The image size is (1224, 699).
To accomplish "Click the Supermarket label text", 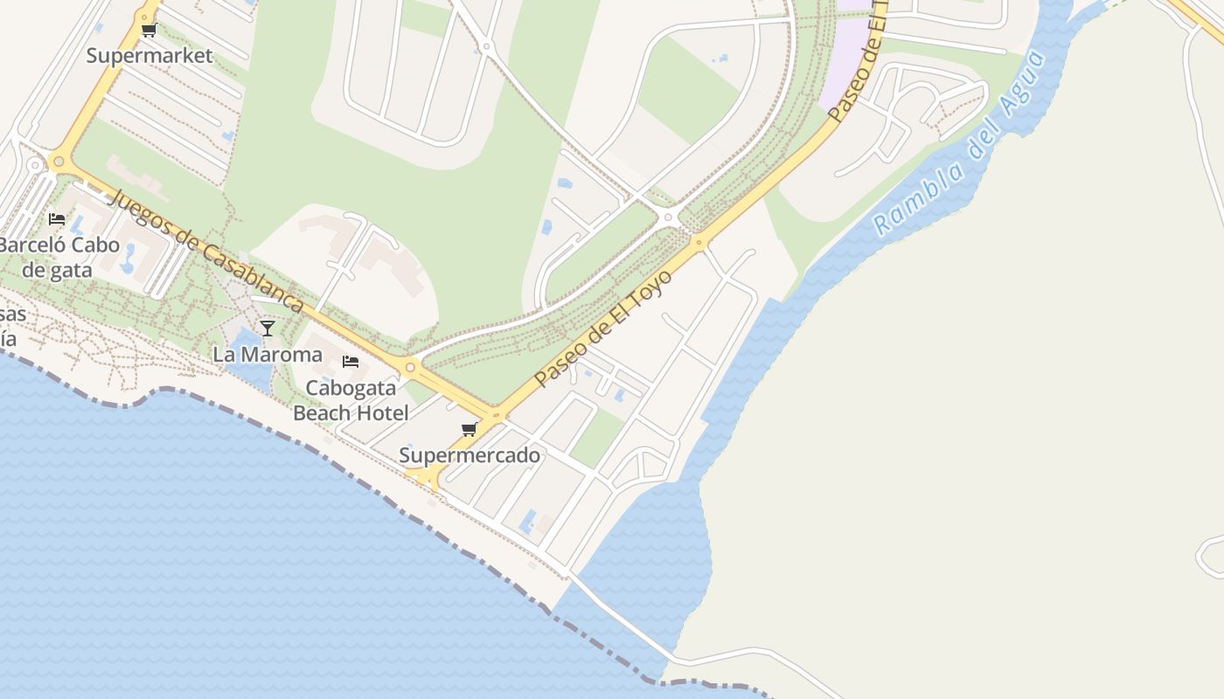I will pyautogui.click(x=150, y=56).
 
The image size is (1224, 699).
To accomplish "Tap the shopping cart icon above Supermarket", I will pyautogui.click(x=149, y=31).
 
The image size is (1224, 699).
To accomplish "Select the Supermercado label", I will pyautogui.click(x=469, y=455).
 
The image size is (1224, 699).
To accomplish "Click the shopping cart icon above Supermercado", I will pyautogui.click(x=469, y=430).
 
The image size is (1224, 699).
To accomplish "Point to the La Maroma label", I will pyautogui.click(x=268, y=355).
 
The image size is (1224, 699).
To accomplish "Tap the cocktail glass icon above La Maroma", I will pyautogui.click(x=268, y=329).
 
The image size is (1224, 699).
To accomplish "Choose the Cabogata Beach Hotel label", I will pyautogui.click(x=351, y=400).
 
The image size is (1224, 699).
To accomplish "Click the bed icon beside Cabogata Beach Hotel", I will pyautogui.click(x=351, y=362).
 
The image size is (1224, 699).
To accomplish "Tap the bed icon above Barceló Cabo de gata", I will pyautogui.click(x=57, y=219).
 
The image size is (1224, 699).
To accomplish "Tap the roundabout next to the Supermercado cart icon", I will pyautogui.click(x=497, y=416).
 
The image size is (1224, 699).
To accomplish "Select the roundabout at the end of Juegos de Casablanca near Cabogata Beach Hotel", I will pyautogui.click(x=409, y=367).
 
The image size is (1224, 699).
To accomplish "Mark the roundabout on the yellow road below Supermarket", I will pyautogui.click(x=59, y=161).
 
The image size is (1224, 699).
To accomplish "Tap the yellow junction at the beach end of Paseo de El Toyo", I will pyautogui.click(x=428, y=476).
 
